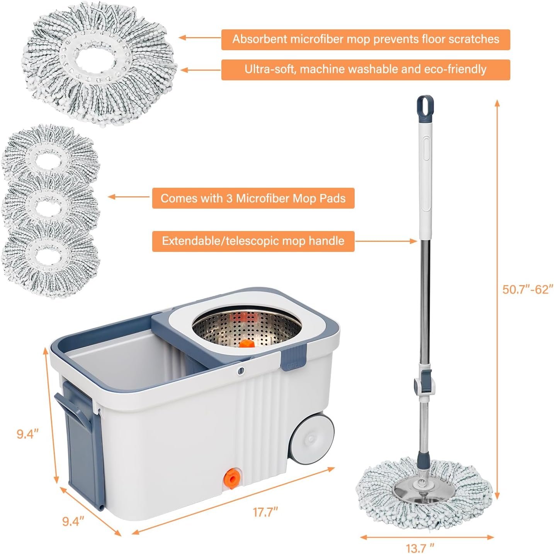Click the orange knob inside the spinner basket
[246, 343]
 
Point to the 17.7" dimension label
[265, 512]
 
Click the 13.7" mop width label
[420, 547]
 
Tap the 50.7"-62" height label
[527, 289]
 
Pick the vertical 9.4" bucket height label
[27, 434]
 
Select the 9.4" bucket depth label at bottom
[73, 521]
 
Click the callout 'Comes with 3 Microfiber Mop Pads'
[253, 198]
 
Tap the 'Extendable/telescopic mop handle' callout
[253, 241]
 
